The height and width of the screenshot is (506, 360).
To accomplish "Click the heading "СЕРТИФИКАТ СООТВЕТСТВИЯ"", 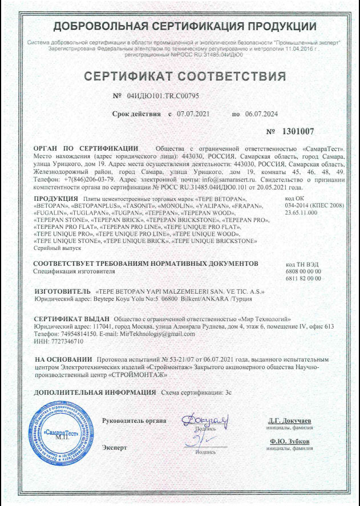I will (184, 76).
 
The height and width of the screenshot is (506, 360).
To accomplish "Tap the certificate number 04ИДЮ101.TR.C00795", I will (162, 96).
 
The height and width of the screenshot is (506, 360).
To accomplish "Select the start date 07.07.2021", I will (194, 114).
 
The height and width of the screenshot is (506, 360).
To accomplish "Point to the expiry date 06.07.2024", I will (262, 114).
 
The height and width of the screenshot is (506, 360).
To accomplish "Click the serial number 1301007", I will (298, 131).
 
